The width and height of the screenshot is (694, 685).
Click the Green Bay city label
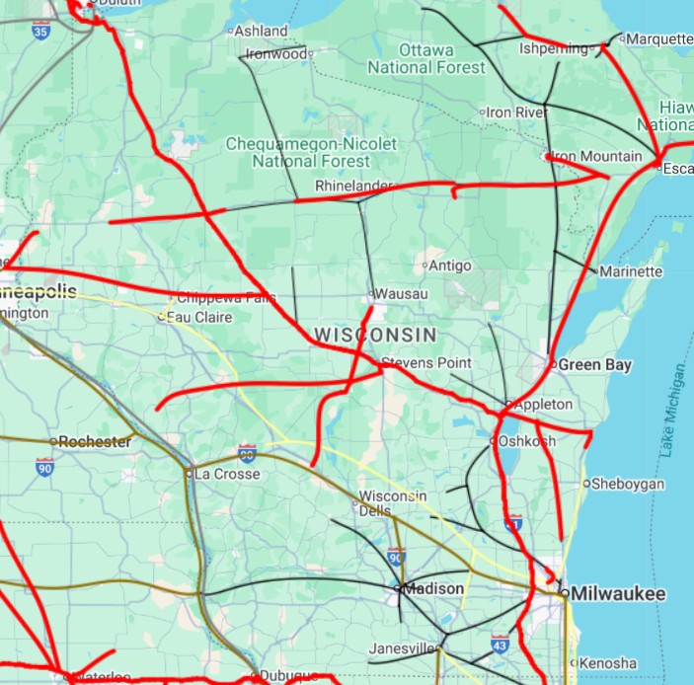[x=594, y=365]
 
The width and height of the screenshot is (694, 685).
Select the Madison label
[x=434, y=589]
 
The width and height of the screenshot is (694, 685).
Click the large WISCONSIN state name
[x=376, y=336]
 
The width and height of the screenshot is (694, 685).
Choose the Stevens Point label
[x=426, y=363]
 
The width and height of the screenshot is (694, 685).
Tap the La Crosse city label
[x=228, y=474]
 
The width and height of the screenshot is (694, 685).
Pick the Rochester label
[x=95, y=442]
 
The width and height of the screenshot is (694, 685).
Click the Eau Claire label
[x=199, y=317]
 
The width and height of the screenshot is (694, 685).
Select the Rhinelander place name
[x=353, y=186]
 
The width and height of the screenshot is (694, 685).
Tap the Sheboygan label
[x=627, y=484]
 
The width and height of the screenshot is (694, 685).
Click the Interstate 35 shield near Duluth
[x=40, y=31]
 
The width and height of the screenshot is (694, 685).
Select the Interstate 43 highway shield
[x=501, y=644]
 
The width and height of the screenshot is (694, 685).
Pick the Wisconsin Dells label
[x=393, y=502]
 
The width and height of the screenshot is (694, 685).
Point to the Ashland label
[x=262, y=32]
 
